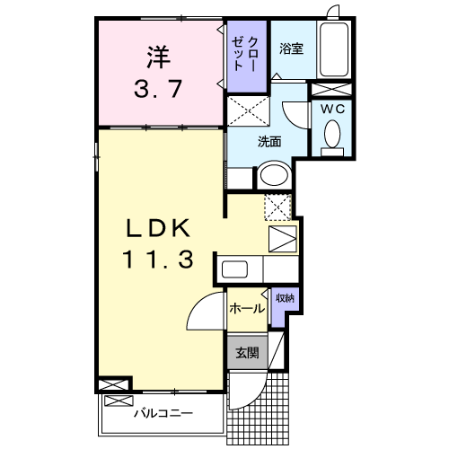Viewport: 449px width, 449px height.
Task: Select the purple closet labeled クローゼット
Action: tap(246, 56)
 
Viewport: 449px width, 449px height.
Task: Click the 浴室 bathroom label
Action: tap(290, 48)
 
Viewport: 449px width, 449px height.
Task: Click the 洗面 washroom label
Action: tap(269, 141)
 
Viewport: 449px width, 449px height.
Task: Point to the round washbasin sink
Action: tap(272, 175)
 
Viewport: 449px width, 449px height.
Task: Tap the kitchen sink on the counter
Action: tap(236, 269)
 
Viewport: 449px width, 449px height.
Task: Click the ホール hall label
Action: tap(246, 309)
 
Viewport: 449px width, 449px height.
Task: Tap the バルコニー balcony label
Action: tap(163, 414)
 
